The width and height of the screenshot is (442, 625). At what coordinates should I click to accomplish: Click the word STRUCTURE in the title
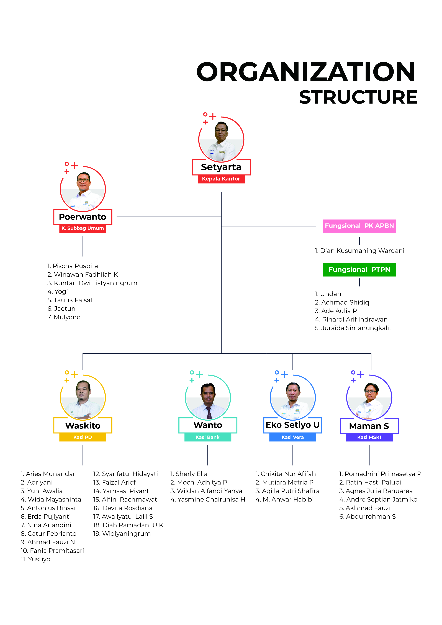(x=358, y=97)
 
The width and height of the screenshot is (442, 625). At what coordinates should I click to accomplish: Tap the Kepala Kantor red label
(x=221, y=179)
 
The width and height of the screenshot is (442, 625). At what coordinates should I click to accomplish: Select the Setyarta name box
(x=221, y=167)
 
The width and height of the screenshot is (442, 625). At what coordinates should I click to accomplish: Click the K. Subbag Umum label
(x=83, y=228)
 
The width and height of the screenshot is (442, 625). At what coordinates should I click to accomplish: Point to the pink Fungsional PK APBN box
(x=359, y=226)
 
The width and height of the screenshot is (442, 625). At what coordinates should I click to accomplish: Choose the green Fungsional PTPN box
(x=359, y=270)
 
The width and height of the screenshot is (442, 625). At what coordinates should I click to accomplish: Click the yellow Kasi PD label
(x=83, y=437)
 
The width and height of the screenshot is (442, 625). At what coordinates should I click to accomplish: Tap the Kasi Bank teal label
(x=208, y=437)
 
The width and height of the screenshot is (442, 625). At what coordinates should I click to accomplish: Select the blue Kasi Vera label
(x=293, y=437)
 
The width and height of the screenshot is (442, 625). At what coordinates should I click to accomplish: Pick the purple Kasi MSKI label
(x=369, y=437)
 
